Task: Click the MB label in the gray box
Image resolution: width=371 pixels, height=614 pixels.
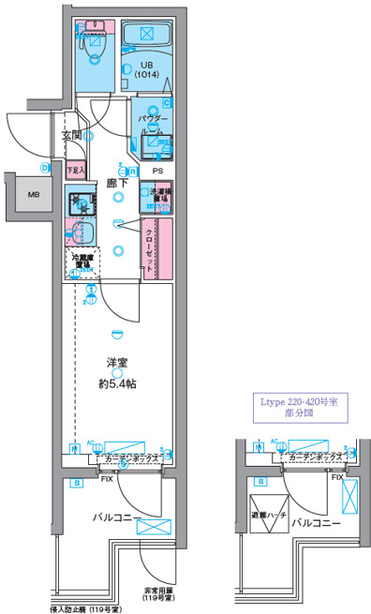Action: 34,195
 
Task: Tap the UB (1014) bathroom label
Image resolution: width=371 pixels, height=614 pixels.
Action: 144,69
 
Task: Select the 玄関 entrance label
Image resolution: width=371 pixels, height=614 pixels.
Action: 72,135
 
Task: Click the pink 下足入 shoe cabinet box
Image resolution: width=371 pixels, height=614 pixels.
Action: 76,171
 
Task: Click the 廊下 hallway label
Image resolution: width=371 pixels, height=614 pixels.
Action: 116,185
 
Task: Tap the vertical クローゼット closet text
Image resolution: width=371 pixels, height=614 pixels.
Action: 149,247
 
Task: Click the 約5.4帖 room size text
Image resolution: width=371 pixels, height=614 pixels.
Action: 115,383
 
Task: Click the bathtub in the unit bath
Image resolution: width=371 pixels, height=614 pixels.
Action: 144,36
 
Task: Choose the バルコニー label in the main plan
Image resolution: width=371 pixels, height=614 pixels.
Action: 116,517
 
